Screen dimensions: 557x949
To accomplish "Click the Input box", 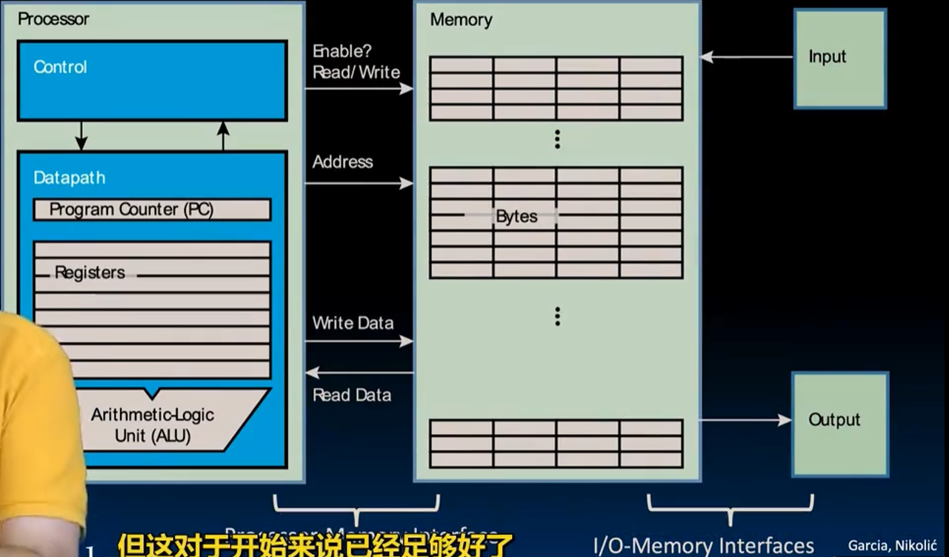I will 840,59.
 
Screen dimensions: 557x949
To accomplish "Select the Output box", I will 840,423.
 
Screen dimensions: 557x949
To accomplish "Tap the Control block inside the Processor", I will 152,80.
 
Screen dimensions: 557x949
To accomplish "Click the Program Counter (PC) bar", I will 152,210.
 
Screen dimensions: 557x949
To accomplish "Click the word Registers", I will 90,273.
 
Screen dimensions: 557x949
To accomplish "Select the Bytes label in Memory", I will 516,217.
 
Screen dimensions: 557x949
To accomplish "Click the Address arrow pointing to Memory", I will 359,183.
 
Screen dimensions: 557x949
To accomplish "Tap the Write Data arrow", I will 359,341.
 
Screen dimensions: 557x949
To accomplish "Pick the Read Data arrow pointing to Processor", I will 359,372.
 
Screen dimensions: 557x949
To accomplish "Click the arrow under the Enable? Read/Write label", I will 359,89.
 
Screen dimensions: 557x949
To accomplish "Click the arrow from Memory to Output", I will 745,420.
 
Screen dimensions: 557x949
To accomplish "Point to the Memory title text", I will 461,20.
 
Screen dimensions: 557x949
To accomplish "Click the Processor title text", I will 53,19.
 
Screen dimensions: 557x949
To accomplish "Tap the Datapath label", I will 70,178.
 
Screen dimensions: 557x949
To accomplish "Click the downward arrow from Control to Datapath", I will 81,136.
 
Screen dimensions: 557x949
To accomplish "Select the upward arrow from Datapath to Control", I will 223,136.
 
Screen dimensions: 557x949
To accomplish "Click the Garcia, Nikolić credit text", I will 893,546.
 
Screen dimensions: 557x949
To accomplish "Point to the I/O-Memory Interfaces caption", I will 704,546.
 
